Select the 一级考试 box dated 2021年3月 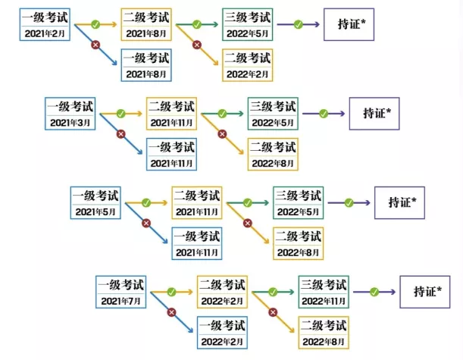[x=70, y=114]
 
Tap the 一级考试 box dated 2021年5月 [x=95, y=202]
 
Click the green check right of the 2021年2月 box [x=95, y=25]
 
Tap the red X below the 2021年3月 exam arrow [x=120, y=134]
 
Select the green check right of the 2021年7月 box [x=172, y=291]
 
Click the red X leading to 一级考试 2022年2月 [x=171, y=311]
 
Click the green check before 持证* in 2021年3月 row [x=324, y=114]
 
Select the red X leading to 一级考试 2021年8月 [x=95, y=45]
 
